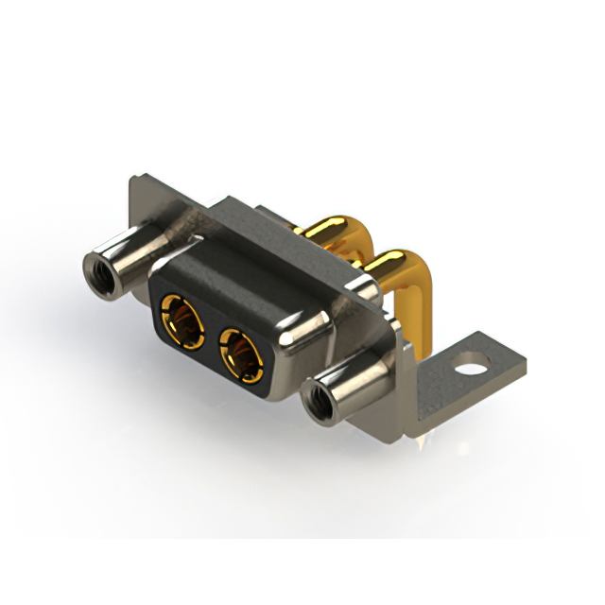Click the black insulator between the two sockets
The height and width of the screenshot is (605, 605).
tap(209, 333)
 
